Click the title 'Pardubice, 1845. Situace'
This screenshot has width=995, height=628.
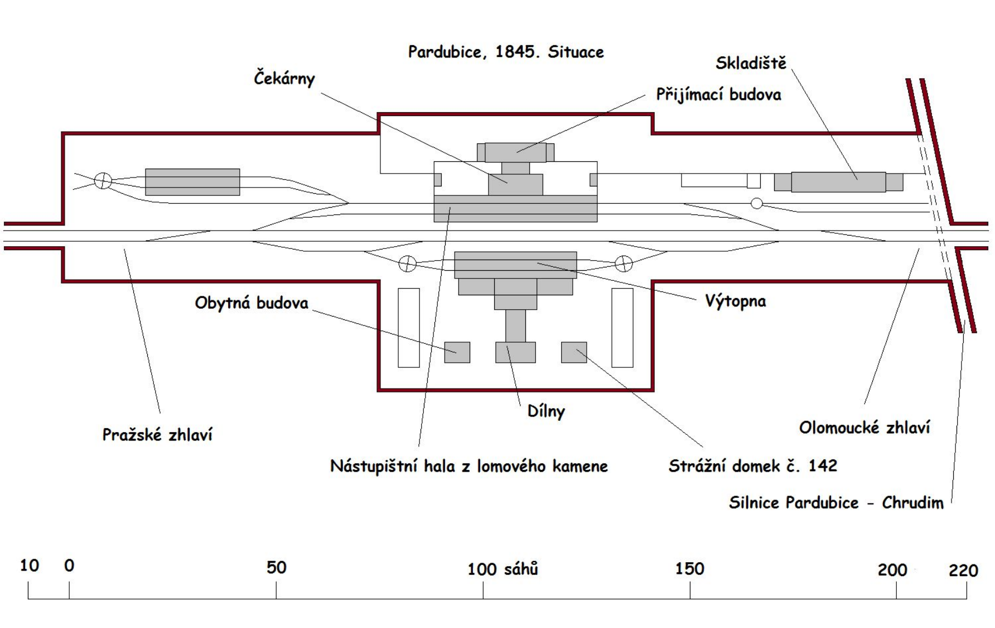506,52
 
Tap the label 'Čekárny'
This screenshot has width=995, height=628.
284,78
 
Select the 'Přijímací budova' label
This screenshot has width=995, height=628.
718,94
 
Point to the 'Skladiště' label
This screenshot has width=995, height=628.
751,63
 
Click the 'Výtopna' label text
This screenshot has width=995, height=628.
735,301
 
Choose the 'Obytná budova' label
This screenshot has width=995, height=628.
252,303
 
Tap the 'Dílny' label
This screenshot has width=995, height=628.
546,411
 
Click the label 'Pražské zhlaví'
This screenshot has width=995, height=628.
157,435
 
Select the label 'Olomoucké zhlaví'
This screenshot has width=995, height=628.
864,428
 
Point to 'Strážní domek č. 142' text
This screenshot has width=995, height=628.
753,466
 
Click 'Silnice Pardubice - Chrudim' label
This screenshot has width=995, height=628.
836,502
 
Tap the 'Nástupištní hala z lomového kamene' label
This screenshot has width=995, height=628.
469,466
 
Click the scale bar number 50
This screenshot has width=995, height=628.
276,567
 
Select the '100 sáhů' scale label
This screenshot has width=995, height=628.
503,569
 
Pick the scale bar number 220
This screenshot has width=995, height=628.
963,571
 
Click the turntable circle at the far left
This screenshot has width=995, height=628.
103,181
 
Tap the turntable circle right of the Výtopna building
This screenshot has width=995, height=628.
624,263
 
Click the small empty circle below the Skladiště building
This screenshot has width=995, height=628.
756,204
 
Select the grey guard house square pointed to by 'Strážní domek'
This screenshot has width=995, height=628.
574,352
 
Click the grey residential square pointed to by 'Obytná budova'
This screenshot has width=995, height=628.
457,352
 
